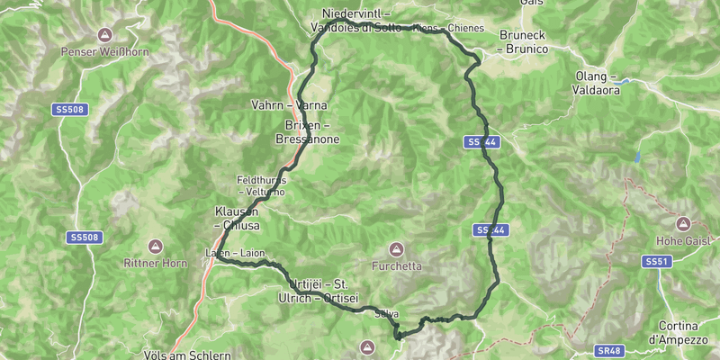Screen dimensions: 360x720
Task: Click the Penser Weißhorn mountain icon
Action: coord(104,35)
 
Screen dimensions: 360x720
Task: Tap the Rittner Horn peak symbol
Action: coord(154,246)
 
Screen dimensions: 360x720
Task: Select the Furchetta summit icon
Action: coord(395,248)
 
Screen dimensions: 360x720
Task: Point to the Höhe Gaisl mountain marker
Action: coord(682,222)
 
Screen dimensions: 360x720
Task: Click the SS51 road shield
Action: coord(657,261)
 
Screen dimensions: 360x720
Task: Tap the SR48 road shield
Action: coord(608,351)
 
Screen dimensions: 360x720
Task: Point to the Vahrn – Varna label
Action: coord(288,105)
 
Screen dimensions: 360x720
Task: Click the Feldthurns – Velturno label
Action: coord(261,185)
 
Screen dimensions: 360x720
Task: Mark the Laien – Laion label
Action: coord(235,253)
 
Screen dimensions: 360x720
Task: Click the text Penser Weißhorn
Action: coord(104,52)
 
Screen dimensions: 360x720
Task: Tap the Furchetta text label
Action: coord(395,266)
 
